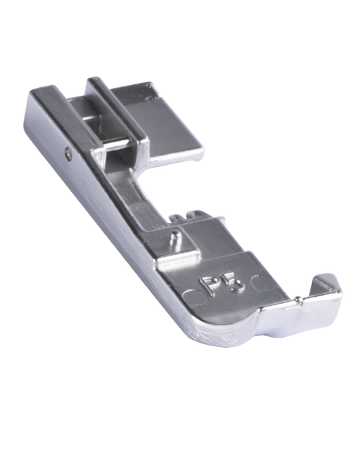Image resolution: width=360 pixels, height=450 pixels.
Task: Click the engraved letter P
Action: (x=208, y=285)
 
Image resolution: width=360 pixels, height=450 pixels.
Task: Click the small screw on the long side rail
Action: (x=68, y=150)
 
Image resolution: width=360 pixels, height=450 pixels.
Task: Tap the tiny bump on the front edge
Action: (x=299, y=299)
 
